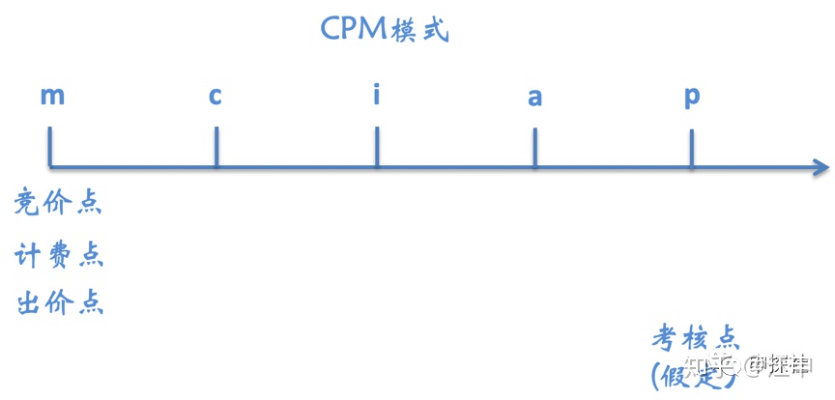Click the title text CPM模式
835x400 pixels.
(384, 29)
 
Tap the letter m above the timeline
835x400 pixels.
(52, 96)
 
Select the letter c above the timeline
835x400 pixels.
(216, 96)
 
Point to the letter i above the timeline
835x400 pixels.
(376, 95)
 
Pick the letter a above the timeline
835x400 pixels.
(534, 97)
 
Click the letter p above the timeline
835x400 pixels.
(692, 98)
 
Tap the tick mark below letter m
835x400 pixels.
(50, 150)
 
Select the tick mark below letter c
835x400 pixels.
(216, 150)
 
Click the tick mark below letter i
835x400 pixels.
(377, 150)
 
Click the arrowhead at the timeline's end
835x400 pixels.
(821, 168)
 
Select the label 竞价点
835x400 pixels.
(58, 204)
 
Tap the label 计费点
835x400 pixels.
(59, 255)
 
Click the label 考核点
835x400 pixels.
(695, 337)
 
